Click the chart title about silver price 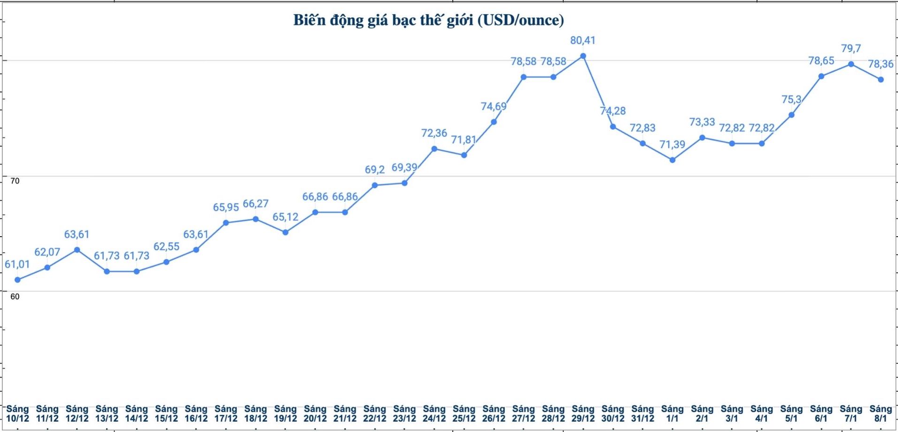428,20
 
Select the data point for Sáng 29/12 583,56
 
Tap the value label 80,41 583,40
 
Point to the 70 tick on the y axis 15,181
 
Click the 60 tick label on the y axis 15,297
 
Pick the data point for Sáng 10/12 17,280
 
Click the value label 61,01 17,264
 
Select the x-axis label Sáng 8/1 881,414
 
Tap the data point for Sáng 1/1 673,160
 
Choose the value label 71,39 672,145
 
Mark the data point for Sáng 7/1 851,64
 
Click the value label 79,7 851,48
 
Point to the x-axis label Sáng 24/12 434,414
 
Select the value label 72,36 434,133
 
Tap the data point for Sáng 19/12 285,232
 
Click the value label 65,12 285,217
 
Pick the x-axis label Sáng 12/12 77,414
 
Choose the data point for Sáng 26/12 494,122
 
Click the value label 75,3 791,100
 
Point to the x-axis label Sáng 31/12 643,414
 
